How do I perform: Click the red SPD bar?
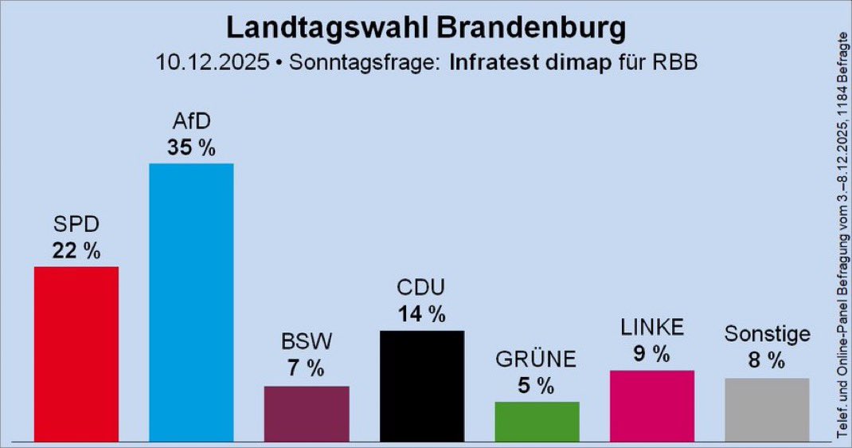click(76, 353)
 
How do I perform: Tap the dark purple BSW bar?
click(307, 413)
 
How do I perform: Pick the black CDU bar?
click(422, 385)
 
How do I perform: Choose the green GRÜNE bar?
click(537, 421)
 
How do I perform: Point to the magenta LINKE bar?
click(652, 405)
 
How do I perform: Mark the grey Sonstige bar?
click(767, 409)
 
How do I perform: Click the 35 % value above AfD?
click(191, 147)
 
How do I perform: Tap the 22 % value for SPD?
click(76, 250)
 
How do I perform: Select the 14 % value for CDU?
click(422, 314)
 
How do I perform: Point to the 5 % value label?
click(537, 386)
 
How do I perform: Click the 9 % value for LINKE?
click(652, 354)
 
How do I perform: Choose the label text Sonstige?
click(767, 334)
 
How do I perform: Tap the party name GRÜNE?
click(537, 360)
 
